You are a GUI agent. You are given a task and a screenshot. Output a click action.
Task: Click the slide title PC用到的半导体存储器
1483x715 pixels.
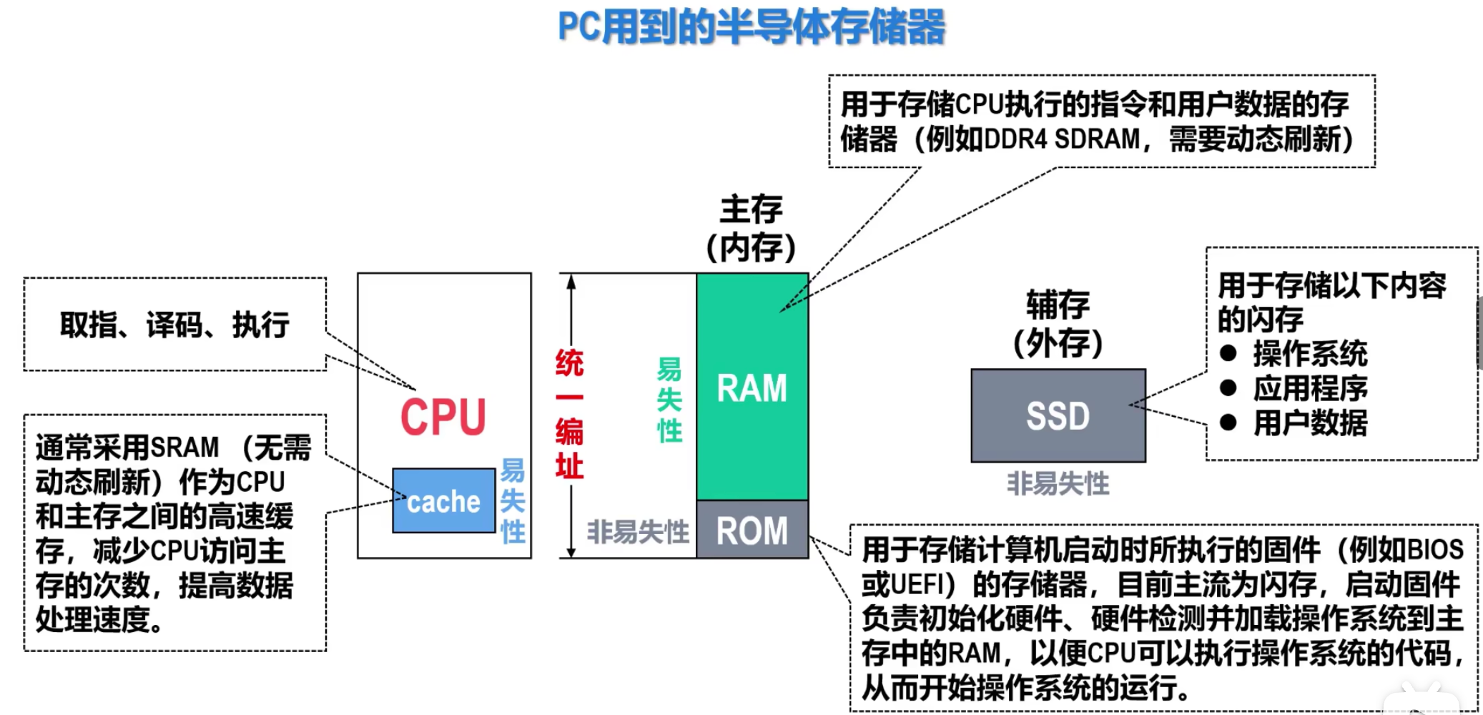pos(751,27)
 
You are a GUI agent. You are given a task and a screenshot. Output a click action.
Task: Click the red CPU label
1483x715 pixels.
pos(443,418)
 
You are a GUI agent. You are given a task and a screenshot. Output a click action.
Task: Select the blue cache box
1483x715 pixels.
pos(443,501)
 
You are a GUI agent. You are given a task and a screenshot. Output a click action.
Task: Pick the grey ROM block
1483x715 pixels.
pos(752,531)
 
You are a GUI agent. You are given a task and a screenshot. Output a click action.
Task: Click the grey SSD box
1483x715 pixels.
pos(1058,416)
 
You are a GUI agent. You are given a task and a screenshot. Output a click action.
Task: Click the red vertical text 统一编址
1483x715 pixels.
pos(569,415)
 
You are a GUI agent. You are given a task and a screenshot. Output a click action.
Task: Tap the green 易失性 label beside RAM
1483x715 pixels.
pos(669,400)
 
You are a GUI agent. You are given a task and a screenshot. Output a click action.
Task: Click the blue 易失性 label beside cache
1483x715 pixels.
pos(513,501)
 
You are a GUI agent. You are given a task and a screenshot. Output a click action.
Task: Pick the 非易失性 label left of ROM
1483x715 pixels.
pos(638,532)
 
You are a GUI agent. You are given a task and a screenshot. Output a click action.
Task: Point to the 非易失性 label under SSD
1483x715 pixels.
pos(1058,484)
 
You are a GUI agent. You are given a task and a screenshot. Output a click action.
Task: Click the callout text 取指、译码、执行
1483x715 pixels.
pos(174,325)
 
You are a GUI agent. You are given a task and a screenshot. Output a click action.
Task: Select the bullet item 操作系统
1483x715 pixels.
pos(1310,354)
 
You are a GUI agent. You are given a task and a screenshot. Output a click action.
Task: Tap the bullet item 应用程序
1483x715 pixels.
pos(1310,388)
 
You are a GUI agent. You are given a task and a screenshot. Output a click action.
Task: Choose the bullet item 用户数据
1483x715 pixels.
pos(1310,423)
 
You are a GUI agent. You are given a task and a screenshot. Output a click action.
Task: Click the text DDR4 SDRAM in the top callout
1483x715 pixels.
pos(1062,139)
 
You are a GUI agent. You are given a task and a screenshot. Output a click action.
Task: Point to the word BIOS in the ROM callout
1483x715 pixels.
pos(1435,550)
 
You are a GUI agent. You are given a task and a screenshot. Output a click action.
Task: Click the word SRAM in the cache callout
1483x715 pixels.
pos(184,448)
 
